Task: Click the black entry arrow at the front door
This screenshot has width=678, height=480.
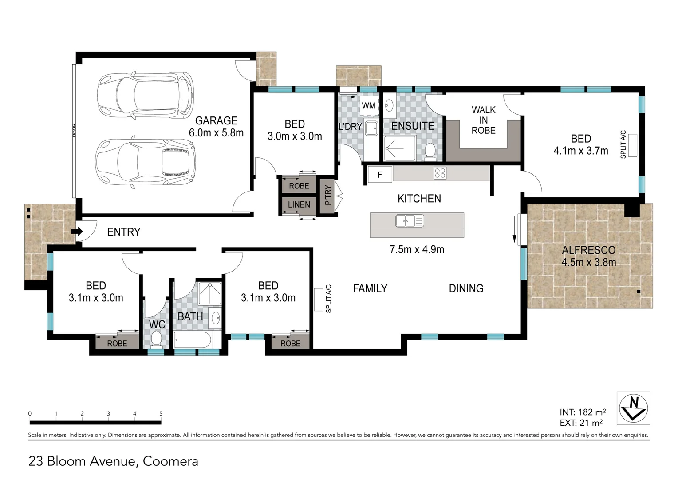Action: tap(77, 232)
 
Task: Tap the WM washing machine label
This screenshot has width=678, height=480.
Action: tap(368, 106)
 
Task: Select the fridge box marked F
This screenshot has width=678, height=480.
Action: tap(380, 175)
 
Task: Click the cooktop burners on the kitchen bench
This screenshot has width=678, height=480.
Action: tap(440, 173)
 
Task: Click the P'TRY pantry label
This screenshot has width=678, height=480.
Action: tap(328, 195)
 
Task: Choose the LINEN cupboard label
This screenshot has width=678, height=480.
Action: tap(299, 204)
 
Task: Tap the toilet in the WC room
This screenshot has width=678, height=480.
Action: tap(156, 340)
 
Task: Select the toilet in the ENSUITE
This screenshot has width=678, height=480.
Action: tap(430, 150)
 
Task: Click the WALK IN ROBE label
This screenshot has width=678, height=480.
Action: tap(483, 120)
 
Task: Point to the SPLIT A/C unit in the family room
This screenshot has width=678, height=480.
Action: tap(318, 299)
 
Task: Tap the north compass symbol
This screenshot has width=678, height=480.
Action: tap(633, 408)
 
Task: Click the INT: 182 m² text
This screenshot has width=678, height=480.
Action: tap(582, 412)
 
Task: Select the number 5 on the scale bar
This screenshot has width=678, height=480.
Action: tap(161, 413)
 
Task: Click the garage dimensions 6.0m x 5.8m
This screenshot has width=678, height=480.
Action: tap(216, 132)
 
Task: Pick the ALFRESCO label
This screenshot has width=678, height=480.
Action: tap(588, 250)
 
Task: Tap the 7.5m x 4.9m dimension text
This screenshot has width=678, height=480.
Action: tap(417, 249)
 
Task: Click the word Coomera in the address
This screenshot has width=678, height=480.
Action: tap(170, 461)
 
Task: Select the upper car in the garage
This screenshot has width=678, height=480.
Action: tap(146, 94)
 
